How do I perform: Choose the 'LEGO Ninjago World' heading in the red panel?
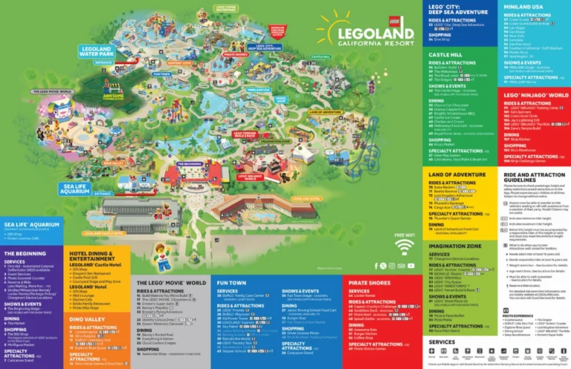pyautogui.click(x=535, y=96)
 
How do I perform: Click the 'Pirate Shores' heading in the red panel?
pyautogui.click(x=370, y=283)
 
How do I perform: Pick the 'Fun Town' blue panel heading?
pyautogui.click(x=231, y=283)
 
